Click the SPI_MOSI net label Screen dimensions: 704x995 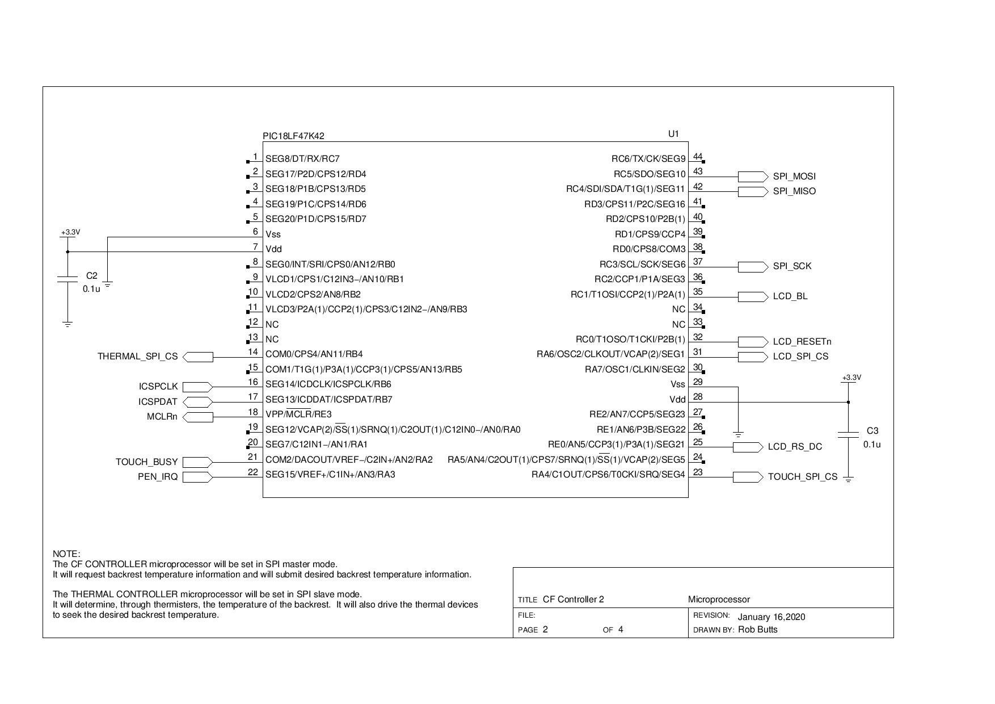pos(794,177)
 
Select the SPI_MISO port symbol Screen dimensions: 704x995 pos(753,191)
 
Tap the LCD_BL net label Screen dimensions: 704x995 pos(790,296)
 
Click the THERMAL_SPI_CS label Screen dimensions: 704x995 pos(137,357)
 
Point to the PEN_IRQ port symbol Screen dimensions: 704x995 pos(197,477)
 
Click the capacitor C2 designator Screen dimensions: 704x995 pos(92,276)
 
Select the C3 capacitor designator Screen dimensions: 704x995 pos(872,431)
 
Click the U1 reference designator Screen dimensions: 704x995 pos(673,134)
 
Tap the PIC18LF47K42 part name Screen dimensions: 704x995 pos(294,136)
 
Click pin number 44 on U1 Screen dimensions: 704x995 pos(698,157)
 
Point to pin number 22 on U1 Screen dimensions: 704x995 pos(253,472)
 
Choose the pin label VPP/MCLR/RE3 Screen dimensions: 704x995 pos(298,414)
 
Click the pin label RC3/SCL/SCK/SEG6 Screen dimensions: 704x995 pos(642,265)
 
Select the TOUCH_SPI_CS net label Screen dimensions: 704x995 pos(802,477)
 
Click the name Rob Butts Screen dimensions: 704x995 pos(757,630)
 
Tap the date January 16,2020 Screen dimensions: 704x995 pos(771,617)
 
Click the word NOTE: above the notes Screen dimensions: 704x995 pos(66,554)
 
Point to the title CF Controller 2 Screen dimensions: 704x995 pos(573,600)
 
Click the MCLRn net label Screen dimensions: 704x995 pos(162,417)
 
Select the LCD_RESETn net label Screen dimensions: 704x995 pos(802,342)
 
